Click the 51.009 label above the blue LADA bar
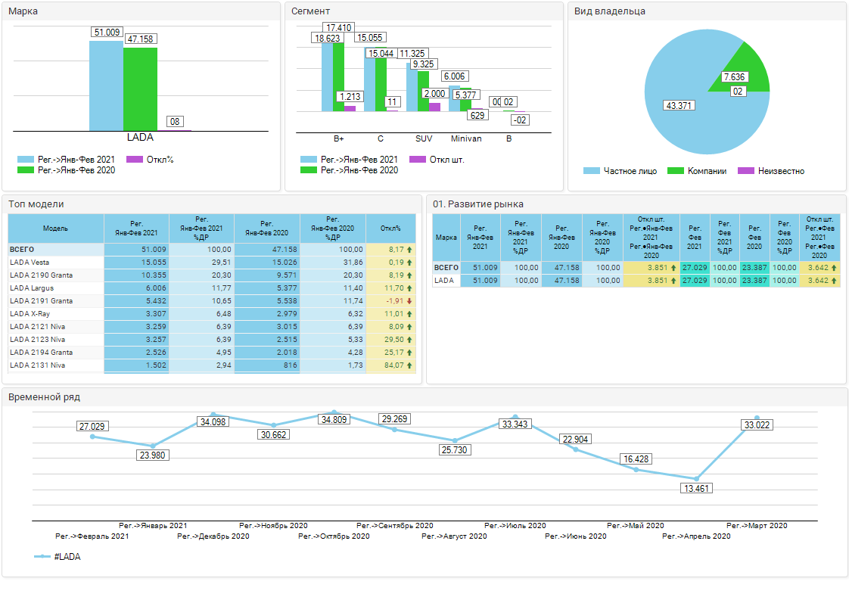[x=107, y=33]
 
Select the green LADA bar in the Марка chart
[x=140, y=89]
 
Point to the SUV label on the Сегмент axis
[x=424, y=139]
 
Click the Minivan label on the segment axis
[x=466, y=139]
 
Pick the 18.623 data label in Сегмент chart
[x=327, y=38]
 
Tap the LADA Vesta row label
[x=30, y=262]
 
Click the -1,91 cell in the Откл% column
[x=390, y=300]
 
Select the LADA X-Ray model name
[x=30, y=313]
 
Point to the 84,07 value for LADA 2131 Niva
[x=390, y=365]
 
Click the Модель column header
[x=55, y=228]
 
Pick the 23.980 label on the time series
[x=154, y=455]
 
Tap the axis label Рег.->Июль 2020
[x=515, y=525]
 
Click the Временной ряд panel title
[x=44, y=396]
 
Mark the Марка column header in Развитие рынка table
[x=446, y=238]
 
